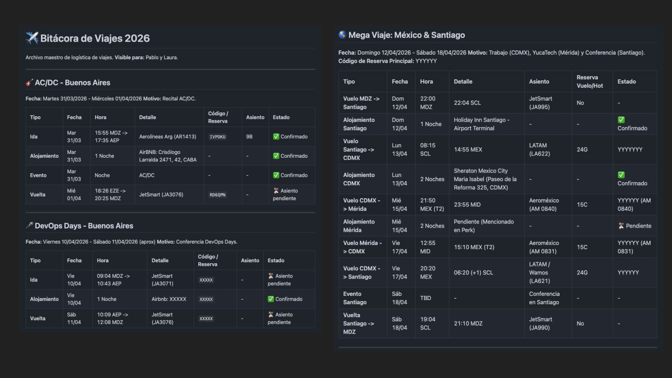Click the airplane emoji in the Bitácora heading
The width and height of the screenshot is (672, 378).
(32, 38)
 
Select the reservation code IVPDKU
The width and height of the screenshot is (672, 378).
(217, 137)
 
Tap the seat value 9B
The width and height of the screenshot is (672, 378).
(250, 137)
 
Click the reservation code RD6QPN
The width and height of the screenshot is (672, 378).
(217, 195)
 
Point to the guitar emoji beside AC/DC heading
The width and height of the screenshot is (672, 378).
(29, 83)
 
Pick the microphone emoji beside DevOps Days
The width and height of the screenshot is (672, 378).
(29, 226)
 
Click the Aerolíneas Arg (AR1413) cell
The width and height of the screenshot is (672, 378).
(168, 137)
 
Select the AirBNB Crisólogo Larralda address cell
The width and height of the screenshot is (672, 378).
(168, 156)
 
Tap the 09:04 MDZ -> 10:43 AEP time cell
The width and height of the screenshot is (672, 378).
(113, 280)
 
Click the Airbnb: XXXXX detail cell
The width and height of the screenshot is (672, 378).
(169, 299)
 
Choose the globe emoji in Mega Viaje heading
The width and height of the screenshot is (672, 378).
(343, 35)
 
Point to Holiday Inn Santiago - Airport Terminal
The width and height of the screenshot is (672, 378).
(482, 124)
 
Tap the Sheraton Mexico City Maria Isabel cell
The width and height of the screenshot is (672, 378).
(485, 179)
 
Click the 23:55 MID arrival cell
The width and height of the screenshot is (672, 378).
(467, 204)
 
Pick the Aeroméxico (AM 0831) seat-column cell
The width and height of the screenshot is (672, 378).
(544, 247)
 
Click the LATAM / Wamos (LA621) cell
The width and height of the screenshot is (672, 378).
(539, 273)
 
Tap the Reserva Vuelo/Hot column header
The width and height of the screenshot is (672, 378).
(588, 81)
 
